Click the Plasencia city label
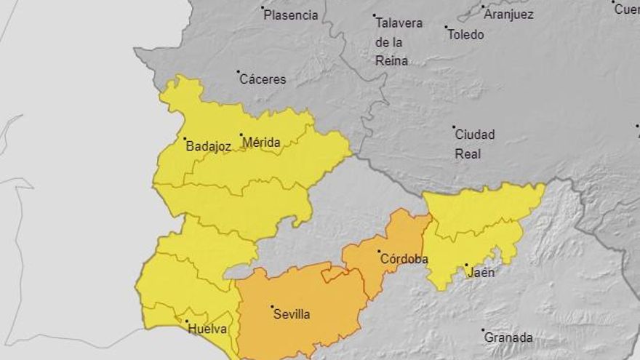click(291, 15)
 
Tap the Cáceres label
click(263, 79)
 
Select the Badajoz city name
click(209, 146)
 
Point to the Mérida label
click(262, 143)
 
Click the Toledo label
click(465, 34)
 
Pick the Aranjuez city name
click(509, 15)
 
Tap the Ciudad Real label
click(474, 144)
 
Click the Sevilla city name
click(292, 314)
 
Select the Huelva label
click(207, 329)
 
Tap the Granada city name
click(508, 337)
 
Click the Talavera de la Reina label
click(399, 41)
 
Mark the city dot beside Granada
click(483, 330)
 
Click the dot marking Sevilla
click(272, 307)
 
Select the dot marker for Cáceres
click(238, 71)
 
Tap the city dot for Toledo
click(447, 27)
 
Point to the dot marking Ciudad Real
click(454, 127)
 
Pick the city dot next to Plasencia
click(263, 8)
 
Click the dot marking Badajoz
click(185, 139)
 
